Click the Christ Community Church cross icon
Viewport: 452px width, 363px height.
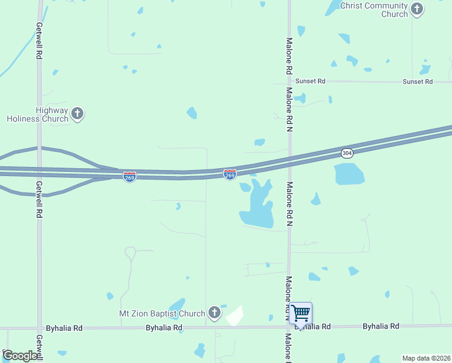(x=417, y=9)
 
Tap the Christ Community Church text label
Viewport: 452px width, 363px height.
(x=374, y=10)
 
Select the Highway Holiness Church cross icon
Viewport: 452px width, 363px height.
(x=77, y=113)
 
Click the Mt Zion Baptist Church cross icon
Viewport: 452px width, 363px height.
(x=214, y=313)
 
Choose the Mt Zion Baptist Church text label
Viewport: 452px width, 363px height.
(x=162, y=313)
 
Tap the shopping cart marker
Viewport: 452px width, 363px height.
(x=300, y=314)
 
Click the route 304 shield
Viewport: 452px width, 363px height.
(x=346, y=152)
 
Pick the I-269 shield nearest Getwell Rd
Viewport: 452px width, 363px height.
(x=129, y=177)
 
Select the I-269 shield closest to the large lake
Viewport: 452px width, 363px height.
(x=230, y=174)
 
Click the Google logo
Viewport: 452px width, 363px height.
(x=19, y=356)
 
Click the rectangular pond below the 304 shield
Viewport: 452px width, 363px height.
(x=349, y=174)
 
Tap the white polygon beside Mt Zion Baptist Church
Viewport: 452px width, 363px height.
(x=234, y=316)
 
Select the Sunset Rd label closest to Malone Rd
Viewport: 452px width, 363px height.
(x=310, y=81)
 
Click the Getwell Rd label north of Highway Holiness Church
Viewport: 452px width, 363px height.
(x=39, y=41)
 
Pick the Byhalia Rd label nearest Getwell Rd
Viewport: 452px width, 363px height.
(x=66, y=327)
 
